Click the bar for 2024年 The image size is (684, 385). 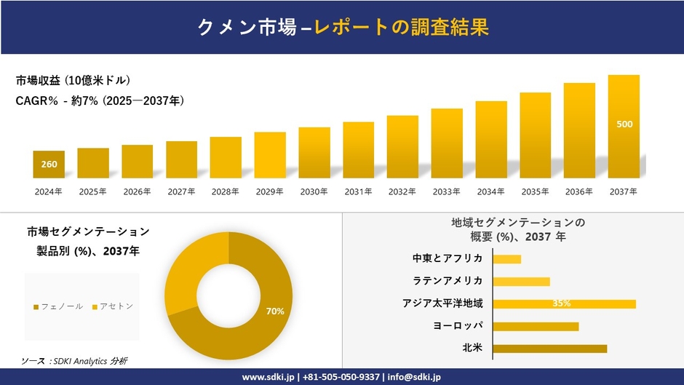(49, 164)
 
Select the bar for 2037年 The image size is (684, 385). (624, 127)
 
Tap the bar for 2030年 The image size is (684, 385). (314, 153)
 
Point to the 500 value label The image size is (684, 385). (624, 124)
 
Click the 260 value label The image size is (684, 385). (49, 164)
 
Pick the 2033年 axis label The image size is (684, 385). (446, 192)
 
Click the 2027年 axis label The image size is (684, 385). (181, 192)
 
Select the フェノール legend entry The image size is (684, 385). (58, 306)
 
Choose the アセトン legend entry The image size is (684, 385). (112, 306)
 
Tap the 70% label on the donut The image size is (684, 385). (275, 311)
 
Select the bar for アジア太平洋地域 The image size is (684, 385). (564, 303)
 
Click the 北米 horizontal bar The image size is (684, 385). (549, 349)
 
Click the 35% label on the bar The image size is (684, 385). (561, 303)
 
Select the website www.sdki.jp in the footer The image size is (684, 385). (267, 377)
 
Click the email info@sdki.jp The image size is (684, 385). (414, 377)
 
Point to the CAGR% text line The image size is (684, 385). (100, 101)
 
